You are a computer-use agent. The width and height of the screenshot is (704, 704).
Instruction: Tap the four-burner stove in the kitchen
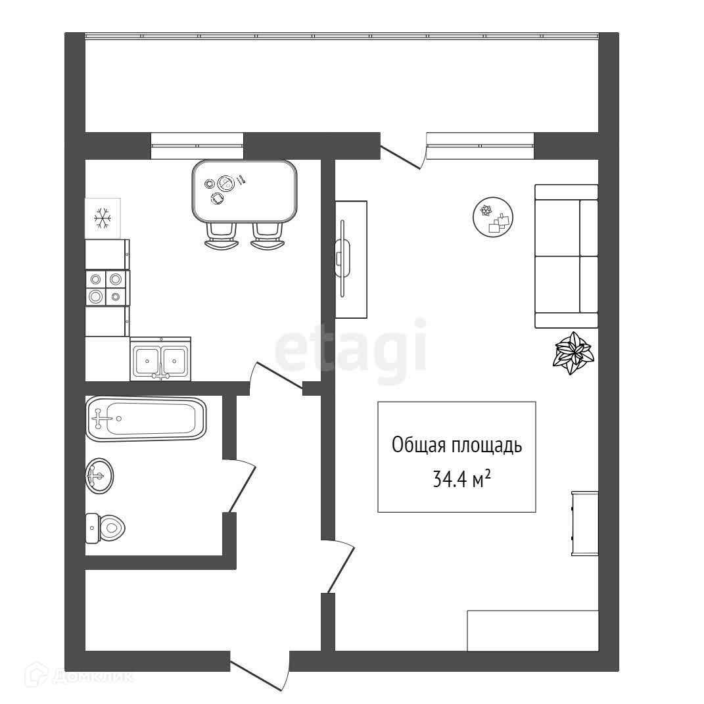coord(106,288)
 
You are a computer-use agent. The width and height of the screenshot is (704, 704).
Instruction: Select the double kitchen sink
coord(160,359)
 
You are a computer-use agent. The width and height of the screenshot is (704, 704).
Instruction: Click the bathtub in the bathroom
coord(145,419)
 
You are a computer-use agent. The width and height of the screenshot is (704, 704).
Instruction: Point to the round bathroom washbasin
coord(99,475)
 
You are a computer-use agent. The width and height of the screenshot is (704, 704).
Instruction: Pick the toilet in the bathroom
coord(106,527)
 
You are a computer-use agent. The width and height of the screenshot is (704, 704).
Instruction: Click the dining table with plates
coord(244,191)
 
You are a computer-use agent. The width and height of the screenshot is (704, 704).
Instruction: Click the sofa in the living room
coord(566,256)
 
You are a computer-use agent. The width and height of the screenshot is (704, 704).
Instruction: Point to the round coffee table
coord(493,218)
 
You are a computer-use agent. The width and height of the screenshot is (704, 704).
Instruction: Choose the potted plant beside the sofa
coord(573,352)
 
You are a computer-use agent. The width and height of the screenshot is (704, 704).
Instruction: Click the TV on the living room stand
coord(343,258)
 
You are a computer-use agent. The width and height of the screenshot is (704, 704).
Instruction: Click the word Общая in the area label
coord(419,446)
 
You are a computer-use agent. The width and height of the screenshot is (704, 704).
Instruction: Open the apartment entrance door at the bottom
coord(260,673)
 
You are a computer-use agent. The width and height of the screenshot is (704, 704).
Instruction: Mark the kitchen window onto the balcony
coord(197,145)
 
